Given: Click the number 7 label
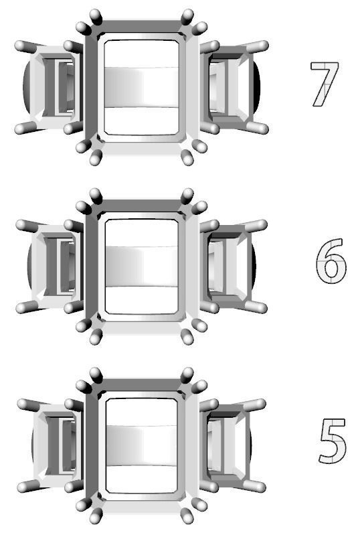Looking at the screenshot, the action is [324, 84].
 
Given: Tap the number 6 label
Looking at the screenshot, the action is [331, 261].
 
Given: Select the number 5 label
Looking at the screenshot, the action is [333, 441].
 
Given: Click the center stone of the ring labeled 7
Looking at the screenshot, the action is [142, 87].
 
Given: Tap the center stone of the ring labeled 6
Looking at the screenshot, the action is [142, 266].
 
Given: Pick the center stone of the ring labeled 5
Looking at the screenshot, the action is [142, 445].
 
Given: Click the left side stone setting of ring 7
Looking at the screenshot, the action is [52, 87].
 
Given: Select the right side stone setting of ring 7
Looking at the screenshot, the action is [233, 87].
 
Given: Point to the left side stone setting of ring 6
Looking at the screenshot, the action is [52, 266].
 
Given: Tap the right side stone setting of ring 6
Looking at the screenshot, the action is [232, 266].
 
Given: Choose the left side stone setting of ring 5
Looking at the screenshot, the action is [52, 445].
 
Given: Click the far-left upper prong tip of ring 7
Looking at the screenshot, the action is [19, 46].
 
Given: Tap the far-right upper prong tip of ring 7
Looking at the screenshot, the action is [264, 46].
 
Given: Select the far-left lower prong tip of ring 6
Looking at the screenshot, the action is [21, 308].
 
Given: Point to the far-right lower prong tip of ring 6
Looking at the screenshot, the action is [262, 308].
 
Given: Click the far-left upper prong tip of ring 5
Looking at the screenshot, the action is [22, 404].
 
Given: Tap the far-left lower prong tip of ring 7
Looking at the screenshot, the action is [19, 129].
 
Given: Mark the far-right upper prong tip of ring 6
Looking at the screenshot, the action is [262, 225].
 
